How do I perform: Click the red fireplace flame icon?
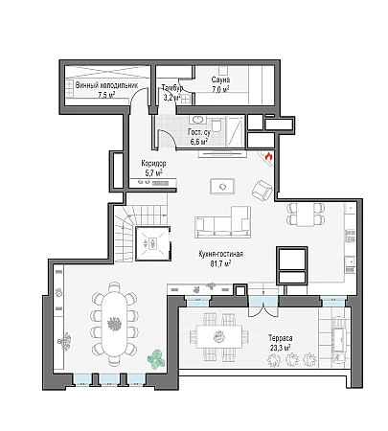268,157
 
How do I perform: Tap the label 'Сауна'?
220,79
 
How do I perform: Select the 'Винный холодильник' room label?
106,85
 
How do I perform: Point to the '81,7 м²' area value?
219,263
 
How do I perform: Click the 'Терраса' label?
281,338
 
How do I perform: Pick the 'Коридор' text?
153,164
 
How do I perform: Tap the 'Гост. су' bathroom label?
198,132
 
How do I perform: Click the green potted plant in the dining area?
156,359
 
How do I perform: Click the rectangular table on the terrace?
219,336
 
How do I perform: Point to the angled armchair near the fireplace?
262,191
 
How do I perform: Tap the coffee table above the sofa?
223,186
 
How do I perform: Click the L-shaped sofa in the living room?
222,222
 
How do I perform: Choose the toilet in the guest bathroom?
217,125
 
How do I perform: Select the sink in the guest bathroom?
198,120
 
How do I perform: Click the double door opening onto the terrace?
263,307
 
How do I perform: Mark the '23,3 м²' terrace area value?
281,348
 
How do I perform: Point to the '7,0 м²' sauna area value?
220,90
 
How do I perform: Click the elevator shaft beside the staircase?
152,243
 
